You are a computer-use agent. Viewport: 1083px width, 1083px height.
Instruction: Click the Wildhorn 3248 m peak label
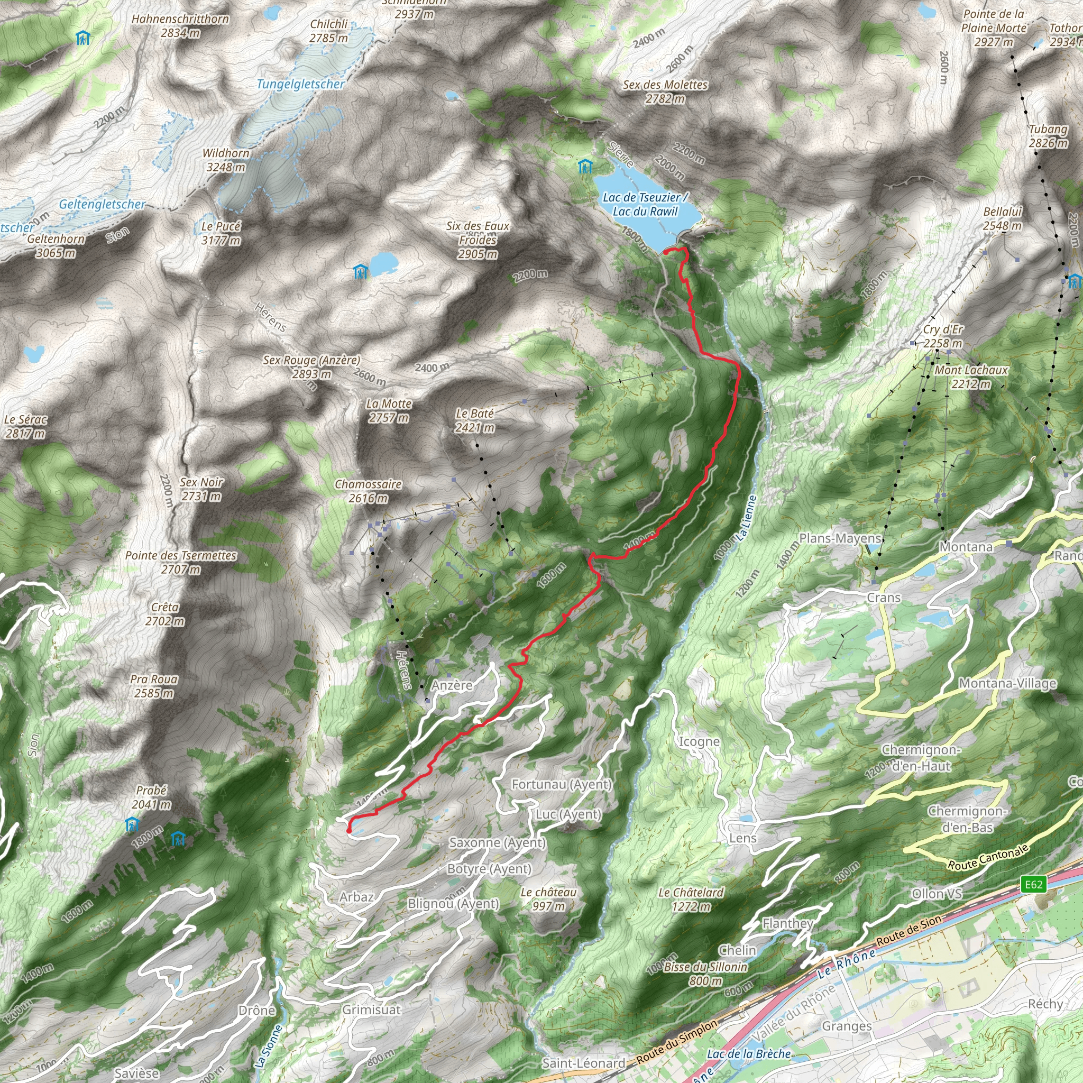226,160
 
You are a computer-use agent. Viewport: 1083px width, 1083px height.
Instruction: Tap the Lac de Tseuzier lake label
645,205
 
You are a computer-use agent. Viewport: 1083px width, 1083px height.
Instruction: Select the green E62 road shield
1033,885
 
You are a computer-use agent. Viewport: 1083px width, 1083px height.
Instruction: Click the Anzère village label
452,685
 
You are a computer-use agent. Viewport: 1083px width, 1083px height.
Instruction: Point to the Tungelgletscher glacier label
300,84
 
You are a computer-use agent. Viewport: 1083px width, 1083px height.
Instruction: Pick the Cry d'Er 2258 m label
943,336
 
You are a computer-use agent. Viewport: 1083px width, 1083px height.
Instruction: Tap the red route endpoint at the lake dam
666,252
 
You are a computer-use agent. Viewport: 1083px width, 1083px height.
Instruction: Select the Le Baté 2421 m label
474,420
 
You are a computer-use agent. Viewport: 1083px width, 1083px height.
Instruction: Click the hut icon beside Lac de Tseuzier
585,167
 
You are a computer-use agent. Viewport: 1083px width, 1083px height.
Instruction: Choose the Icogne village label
699,741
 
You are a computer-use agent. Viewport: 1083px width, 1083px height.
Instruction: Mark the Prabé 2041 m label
151,797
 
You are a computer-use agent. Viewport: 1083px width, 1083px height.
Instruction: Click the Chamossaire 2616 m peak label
368,491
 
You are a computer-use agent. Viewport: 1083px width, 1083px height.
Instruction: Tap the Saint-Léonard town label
584,1063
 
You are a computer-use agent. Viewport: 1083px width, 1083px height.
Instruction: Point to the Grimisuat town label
372,1009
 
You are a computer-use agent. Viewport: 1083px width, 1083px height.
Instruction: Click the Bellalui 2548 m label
1002,218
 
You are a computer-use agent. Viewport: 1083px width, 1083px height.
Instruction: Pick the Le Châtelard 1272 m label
691,899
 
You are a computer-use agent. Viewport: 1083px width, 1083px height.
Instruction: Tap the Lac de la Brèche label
748,1054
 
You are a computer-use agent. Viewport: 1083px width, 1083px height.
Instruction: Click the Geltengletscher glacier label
102,205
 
